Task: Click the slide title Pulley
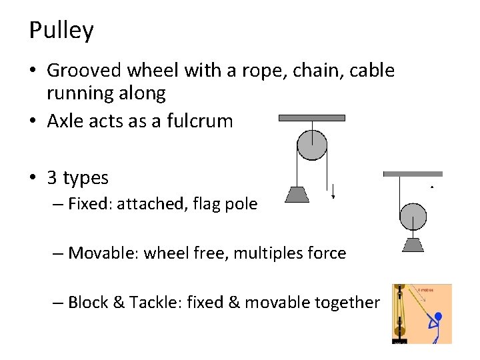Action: click(x=61, y=31)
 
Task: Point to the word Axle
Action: click(x=65, y=121)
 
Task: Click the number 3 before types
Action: click(x=51, y=178)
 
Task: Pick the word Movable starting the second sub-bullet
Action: click(x=101, y=253)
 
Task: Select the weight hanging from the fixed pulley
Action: click(x=297, y=194)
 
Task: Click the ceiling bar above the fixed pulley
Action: click(x=311, y=118)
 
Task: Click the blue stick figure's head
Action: click(x=438, y=317)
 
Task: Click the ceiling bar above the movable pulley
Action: click(x=413, y=174)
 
